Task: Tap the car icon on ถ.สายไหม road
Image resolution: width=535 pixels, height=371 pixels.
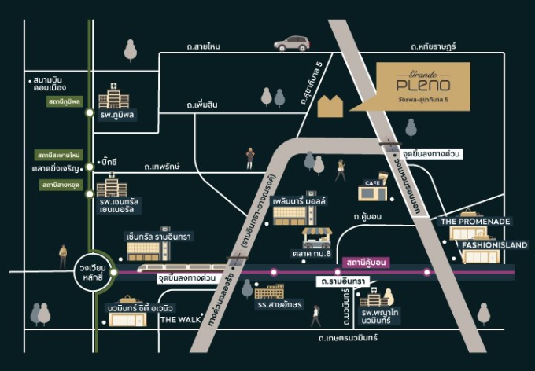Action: [x=291, y=43]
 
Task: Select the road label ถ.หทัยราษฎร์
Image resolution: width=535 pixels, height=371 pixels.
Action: [x=434, y=47]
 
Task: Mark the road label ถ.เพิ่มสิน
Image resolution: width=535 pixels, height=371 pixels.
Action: [x=201, y=105]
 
